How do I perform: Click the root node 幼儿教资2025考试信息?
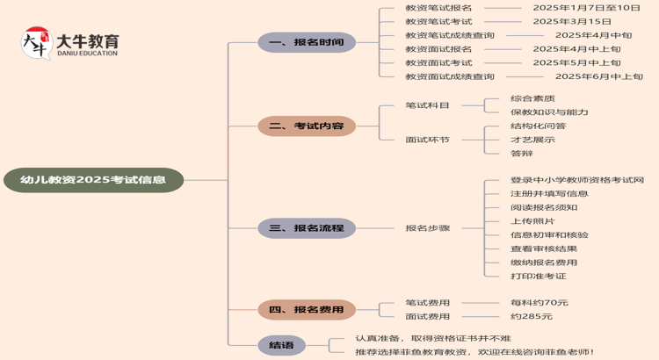(92, 180)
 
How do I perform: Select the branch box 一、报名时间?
(307, 42)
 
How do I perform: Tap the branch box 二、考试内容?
(307, 126)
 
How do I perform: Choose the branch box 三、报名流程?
(307, 228)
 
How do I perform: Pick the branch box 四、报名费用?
(307, 309)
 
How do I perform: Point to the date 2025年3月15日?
(571, 21)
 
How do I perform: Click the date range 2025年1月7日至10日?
(586, 7)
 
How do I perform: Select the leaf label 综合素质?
(532, 98)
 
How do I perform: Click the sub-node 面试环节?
(427, 140)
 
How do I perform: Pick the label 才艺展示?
(532, 140)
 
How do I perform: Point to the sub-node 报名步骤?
(427, 228)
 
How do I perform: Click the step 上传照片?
(532, 221)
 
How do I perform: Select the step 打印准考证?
(538, 277)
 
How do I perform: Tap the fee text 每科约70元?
(539, 303)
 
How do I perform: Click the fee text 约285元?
(532, 316)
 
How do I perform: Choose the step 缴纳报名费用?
(544, 263)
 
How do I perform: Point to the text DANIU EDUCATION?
(86, 54)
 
